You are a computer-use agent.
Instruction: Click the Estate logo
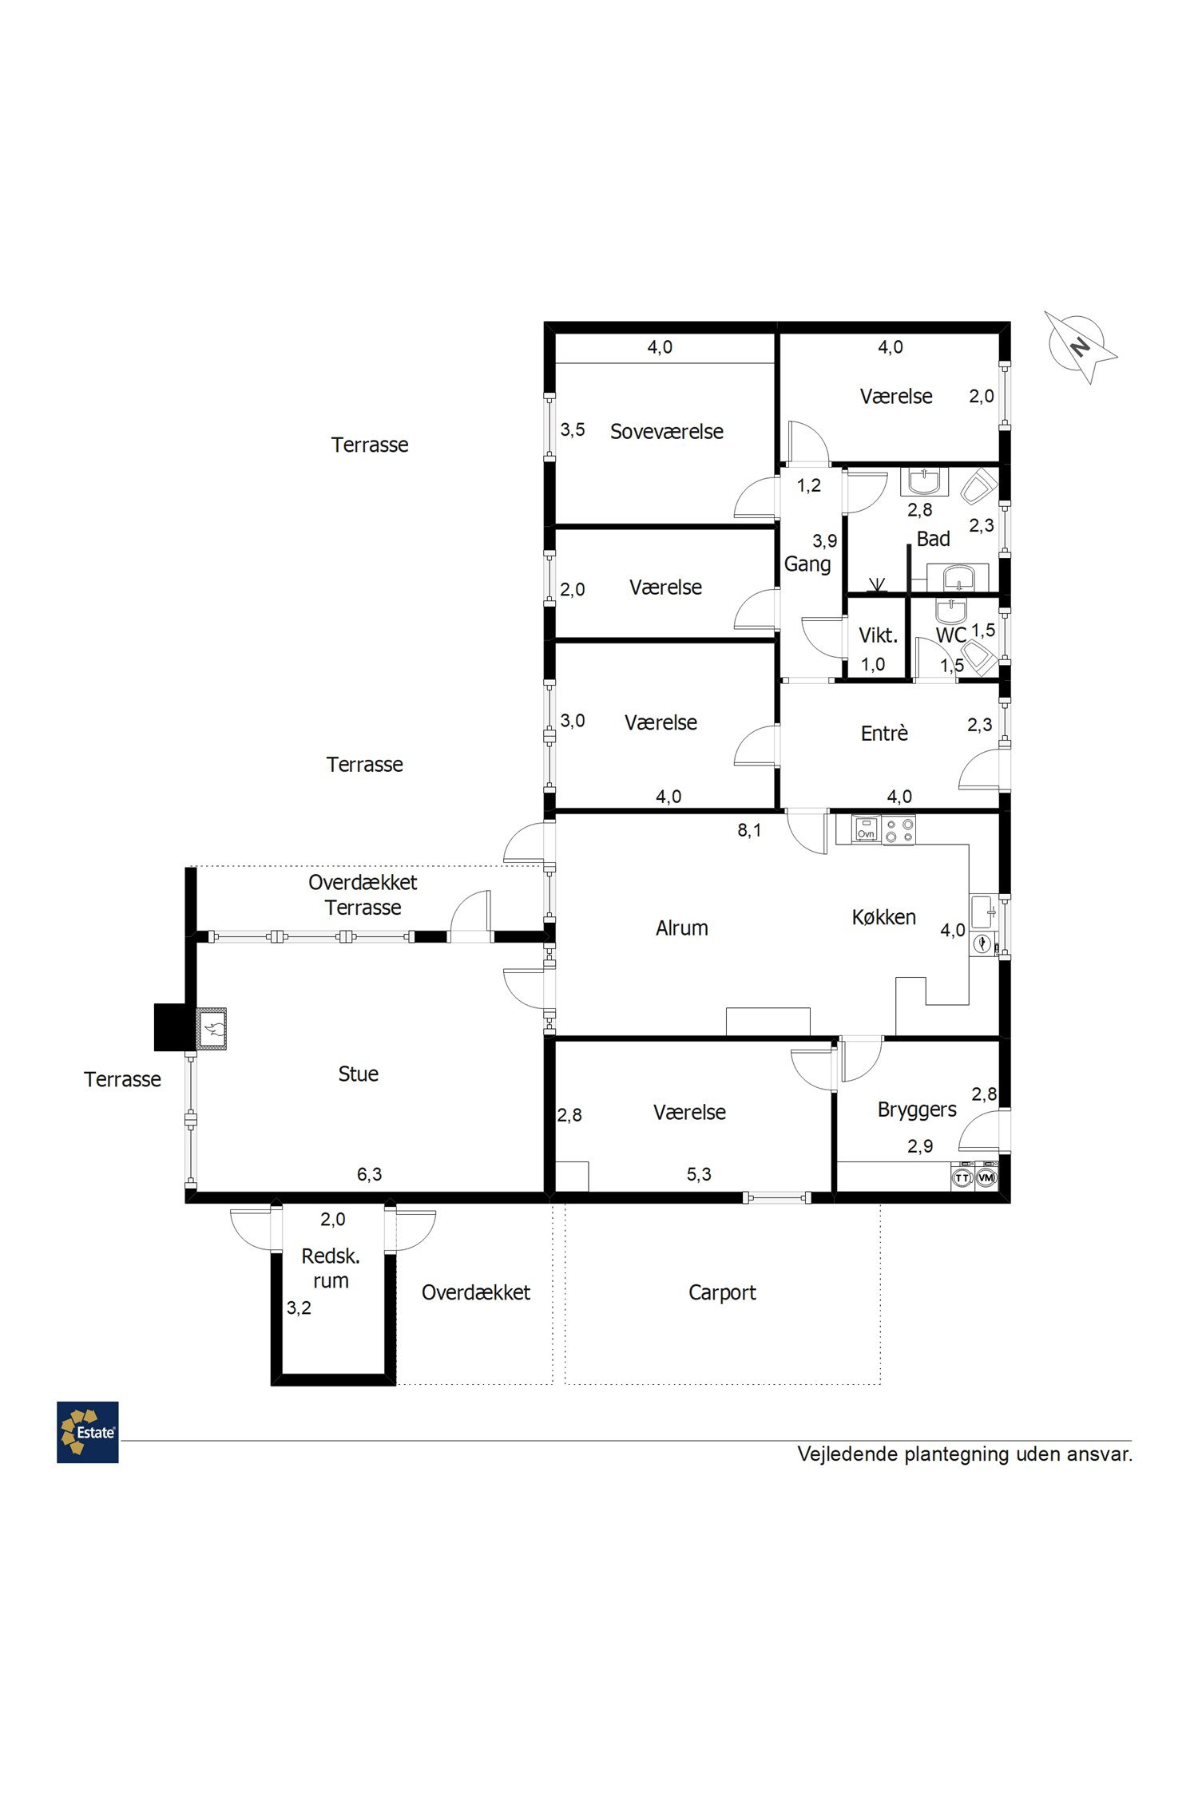pos(88,1432)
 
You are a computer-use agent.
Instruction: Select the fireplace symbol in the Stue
pos(212,1028)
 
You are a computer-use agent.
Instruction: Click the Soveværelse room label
pos(667,432)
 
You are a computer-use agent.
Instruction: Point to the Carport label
pos(722,1292)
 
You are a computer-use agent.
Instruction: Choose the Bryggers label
pos(917,1110)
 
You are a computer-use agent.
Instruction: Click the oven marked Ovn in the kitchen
pos(866,829)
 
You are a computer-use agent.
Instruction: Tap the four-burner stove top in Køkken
pos(898,829)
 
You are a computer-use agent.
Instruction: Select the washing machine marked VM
pos(986,1177)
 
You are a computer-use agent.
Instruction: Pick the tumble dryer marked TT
pos(963,1177)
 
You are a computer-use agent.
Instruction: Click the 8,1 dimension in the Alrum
pos(749,831)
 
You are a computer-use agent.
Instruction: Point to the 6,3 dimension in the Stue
pos(369,1174)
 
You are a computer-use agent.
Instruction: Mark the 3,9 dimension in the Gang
pos(825,541)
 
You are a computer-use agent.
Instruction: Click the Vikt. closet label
pos(879,636)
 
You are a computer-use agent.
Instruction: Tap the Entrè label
pos(884,734)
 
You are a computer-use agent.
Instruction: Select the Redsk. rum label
pos(331,1268)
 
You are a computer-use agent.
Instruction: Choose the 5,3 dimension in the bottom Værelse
pos(699,1174)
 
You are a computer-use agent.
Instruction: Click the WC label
pos(951,635)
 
